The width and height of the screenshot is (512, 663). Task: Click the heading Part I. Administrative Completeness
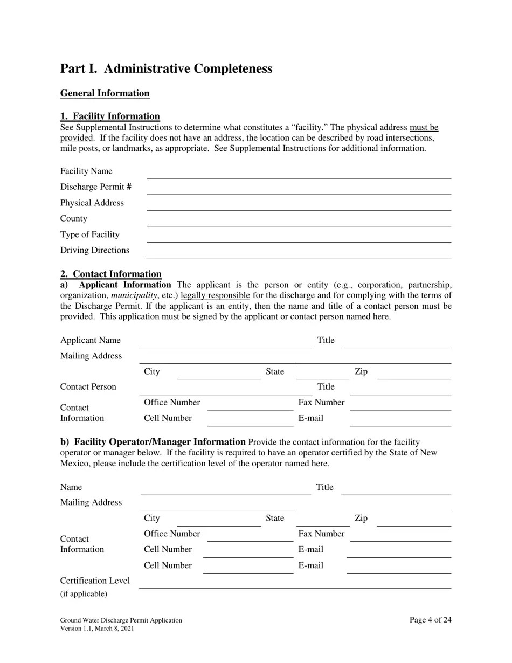[x=166, y=68]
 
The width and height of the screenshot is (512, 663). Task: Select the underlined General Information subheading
[x=105, y=93]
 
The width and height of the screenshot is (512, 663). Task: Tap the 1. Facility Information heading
[x=110, y=116]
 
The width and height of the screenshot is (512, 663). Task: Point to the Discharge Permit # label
[x=96, y=187]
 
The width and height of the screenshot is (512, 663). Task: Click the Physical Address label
[x=92, y=203]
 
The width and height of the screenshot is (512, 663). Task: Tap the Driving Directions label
[x=95, y=250]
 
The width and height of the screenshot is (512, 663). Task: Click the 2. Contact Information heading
[x=110, y=274]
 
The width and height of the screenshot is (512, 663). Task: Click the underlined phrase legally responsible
[x=215, y=295]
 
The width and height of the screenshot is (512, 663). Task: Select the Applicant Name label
[x=91, y=340]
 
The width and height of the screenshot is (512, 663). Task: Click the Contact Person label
[x=88, y=387]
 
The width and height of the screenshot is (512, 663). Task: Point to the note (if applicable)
[x=84, y=594]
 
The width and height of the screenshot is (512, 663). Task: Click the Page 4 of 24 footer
[x=430, y=620]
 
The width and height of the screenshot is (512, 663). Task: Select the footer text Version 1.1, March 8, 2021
[x=97, y=629]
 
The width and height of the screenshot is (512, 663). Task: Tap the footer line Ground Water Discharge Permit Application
[x=121, y=620]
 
